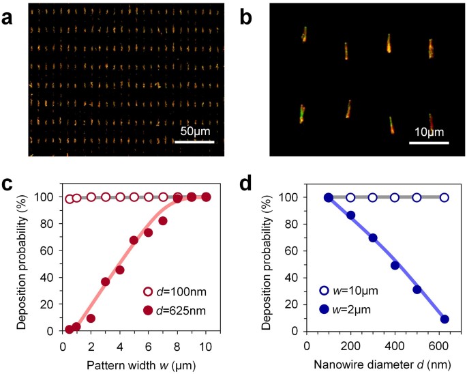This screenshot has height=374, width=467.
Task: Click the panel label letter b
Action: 251,17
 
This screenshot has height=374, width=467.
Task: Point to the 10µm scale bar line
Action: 428,143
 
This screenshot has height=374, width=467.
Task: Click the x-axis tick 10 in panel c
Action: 206,346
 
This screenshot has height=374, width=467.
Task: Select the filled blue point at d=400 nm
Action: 395,265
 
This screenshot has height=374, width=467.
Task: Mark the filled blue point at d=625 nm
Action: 445,319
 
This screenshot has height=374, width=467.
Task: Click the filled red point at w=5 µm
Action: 134,240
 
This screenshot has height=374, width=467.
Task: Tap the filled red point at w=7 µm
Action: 163,220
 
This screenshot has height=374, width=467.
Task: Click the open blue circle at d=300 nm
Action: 372,197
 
